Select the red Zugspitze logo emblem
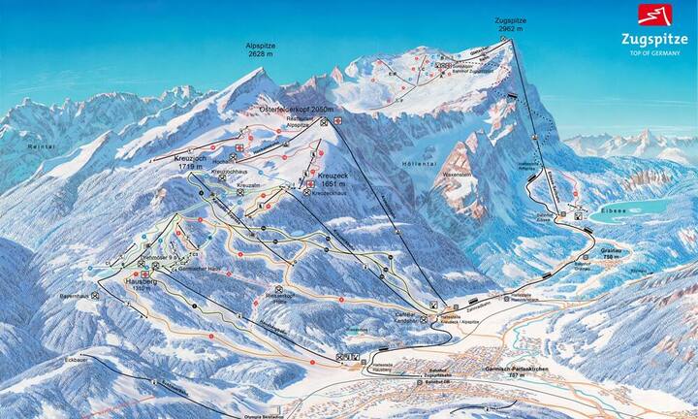coord(650,16)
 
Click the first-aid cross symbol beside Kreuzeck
coord(310,183)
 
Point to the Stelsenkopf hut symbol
coord(278,289)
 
